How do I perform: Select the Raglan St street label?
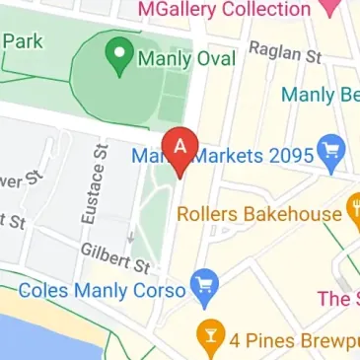click(285, 51)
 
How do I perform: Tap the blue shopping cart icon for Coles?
click(205, 286)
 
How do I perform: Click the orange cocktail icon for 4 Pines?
click(208, 336)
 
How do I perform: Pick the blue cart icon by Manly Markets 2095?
click(329, 155)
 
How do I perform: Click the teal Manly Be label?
click(320, 96)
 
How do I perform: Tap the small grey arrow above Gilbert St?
click(131, 237)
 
